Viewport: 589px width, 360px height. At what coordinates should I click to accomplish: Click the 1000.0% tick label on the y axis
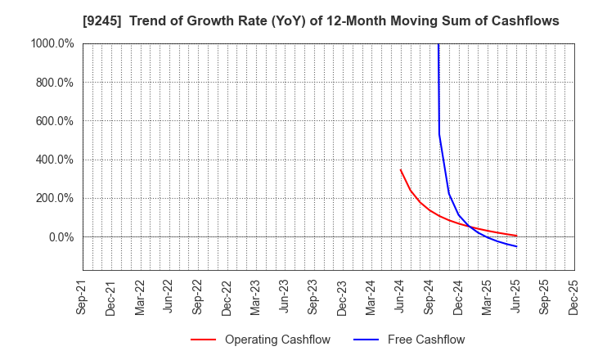click(51, 44)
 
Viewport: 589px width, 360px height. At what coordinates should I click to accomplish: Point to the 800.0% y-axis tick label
click(53, 83)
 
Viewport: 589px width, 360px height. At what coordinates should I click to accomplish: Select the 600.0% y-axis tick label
click(53, 121)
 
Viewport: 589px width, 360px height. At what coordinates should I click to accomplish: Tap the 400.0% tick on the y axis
click(53, 160)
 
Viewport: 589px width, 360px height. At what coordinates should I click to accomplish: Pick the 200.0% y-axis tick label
click(53, 198)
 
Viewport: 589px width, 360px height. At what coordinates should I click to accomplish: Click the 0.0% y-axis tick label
click(58, 237)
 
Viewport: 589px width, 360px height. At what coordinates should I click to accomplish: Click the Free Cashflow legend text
click(425, 340)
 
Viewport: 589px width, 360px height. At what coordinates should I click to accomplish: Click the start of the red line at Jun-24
click(400, 169)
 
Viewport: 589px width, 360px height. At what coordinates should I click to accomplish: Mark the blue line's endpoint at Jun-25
click(516, 246)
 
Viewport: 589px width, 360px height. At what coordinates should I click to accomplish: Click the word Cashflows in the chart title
click(528, 21)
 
